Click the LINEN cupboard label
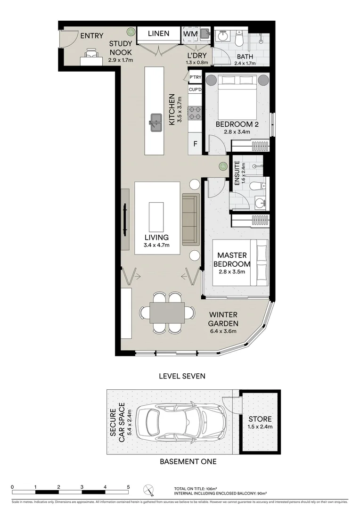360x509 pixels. click(x=159, y=34)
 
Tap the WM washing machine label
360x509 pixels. click(x=190, y=34)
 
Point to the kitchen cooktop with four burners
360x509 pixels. click(x=195, y=113)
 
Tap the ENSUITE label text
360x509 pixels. click(x=237, y=172)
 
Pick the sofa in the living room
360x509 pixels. click(x=190, y=219)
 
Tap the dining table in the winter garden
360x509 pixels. click(x=167, y=312)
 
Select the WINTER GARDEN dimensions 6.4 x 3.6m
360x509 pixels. click(x=223, y=331)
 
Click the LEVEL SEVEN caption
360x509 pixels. click(x=182, y=376)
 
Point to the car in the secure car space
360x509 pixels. click(x=184, y=420)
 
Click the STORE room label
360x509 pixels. click(x=261, y=419)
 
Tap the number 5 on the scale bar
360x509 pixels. click(x=128, y=487)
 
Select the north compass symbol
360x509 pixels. click(x=149, y=491)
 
